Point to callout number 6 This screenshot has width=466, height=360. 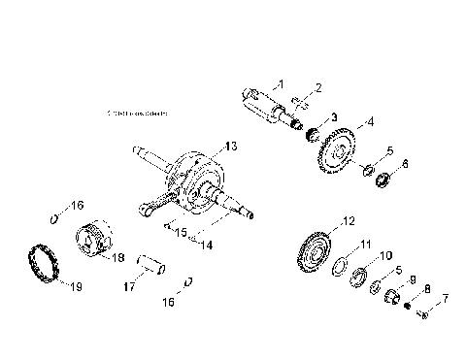tap(405, 166)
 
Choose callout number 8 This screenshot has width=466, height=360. tap(427, 287)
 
